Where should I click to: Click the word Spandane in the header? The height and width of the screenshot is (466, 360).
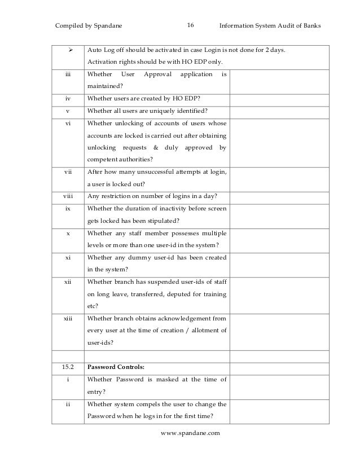(x=106, y=26)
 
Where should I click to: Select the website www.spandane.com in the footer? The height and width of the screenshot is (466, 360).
(x=190, y=433)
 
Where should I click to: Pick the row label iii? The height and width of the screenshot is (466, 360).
(x=68, y=74)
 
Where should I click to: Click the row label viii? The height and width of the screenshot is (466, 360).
(x=68, y=196)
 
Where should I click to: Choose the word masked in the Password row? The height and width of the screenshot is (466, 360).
(x=168, y=380)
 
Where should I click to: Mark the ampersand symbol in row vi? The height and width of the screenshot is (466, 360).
(x=155, y=147)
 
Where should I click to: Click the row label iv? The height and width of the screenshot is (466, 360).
(x=68, y=98)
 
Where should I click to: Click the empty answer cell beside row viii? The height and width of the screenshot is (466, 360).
(x=276, y=196)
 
